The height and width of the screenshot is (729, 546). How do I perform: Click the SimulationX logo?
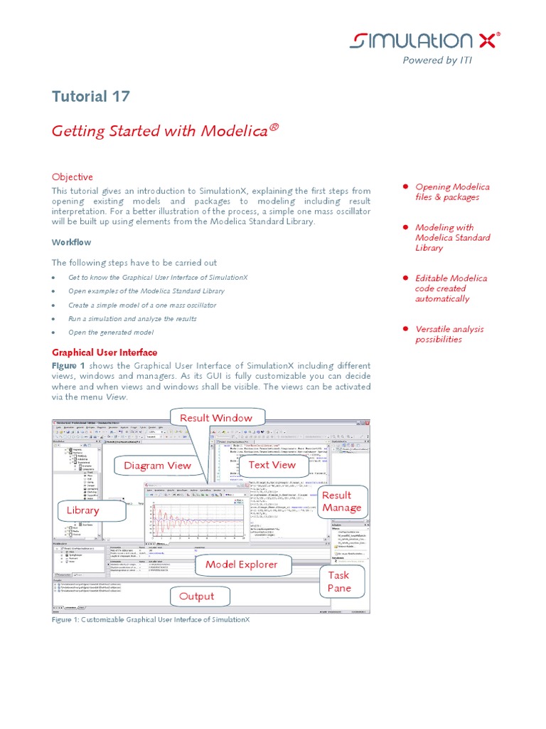click(x=424, y=41)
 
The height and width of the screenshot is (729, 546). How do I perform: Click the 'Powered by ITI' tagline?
click(x=437, y=61)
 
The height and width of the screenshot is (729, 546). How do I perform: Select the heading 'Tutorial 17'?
click(x=91, y=97)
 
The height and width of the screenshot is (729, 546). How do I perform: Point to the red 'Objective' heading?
click(x=73, y=177)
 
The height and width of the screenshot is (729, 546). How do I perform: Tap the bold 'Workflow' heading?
click(x=72, y=242)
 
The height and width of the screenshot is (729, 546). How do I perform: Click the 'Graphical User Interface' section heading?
click(x=105, y=352)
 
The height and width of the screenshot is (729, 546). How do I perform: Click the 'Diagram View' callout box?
click(x=157, y=466)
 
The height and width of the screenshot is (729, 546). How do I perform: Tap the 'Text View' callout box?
click(x=272, y=465)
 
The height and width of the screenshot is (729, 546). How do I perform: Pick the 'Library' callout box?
click(x=83, y=510)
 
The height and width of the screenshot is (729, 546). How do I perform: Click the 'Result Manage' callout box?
click(x=341, y=501)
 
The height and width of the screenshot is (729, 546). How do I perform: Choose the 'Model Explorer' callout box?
click(x=241, y=565)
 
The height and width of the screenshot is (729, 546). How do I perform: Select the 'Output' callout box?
click(x=197, y=597)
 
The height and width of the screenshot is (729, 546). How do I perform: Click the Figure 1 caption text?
click(x=151, y=620)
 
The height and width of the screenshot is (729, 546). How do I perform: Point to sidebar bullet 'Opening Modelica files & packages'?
click(x=452, y=192)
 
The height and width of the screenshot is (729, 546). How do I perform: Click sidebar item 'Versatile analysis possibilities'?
click(x=449, y=334)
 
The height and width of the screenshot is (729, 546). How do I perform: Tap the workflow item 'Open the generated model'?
click(x=110, y=332)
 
